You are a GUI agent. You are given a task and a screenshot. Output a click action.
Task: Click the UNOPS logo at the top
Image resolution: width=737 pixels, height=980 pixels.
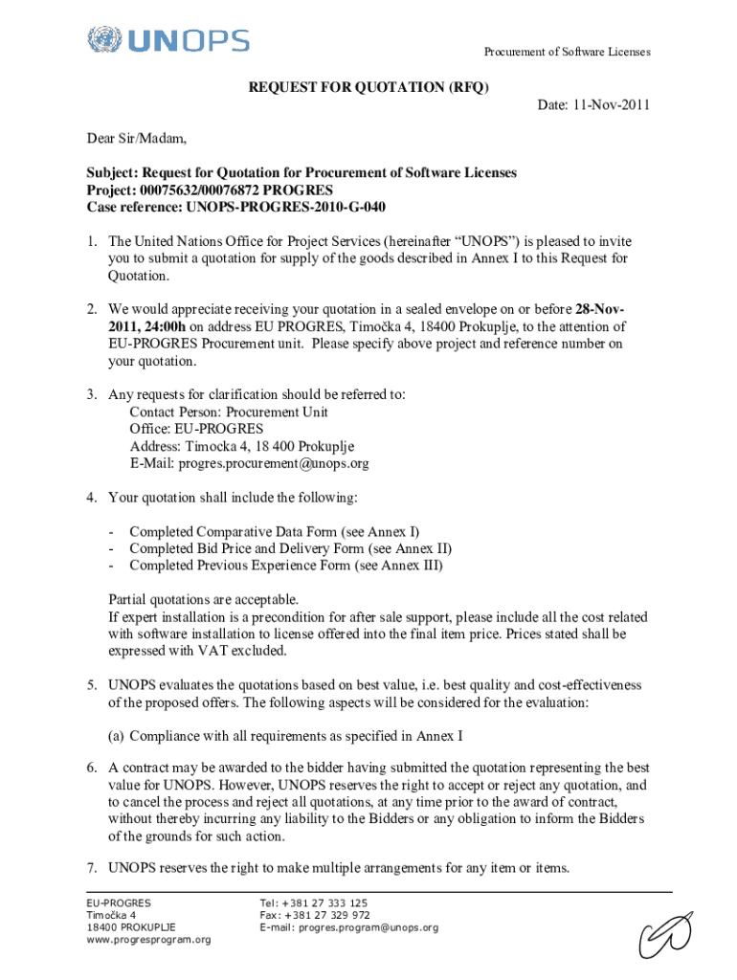(167, 40)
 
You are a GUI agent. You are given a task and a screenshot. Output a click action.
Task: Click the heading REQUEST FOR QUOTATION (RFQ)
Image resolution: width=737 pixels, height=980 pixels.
(368, 87)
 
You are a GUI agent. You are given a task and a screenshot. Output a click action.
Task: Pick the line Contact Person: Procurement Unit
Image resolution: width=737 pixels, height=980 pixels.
(229, 412)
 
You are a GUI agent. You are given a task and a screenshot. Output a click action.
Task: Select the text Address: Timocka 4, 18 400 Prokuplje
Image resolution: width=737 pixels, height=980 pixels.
(242, 446)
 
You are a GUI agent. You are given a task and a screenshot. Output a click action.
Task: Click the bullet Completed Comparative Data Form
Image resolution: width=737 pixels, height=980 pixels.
(274, 531)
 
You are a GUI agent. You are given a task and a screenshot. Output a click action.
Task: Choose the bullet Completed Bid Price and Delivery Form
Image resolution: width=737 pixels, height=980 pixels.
(290, 548)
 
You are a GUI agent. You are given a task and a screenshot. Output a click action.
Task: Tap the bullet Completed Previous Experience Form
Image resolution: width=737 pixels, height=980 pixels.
(286, 566)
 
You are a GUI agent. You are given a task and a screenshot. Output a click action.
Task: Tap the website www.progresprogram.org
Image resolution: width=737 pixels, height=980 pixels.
(148, 940)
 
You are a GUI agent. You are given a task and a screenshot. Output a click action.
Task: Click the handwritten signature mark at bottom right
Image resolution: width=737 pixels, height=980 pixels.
(666, 932)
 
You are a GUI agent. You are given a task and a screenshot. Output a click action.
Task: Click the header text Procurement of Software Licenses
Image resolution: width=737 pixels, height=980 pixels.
(567, 52)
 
